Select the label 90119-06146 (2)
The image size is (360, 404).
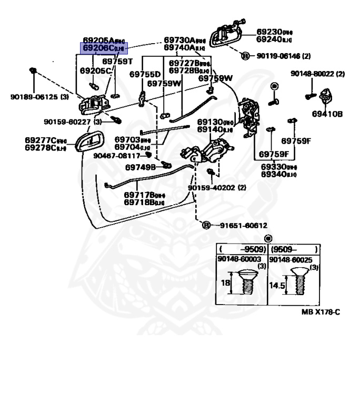(x=284, y=55)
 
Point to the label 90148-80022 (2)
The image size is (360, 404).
(x=317, y=74)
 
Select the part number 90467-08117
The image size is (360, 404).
(x=117, y=156)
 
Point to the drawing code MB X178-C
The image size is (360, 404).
(x=321, y=312)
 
